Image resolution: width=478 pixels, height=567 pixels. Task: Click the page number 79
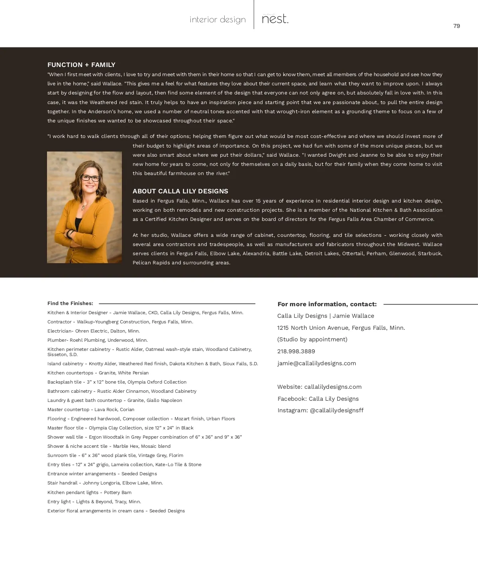[x=456, y=26]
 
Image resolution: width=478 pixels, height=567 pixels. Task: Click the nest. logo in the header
[x=275, y=19]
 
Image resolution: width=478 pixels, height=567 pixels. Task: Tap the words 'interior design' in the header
[x=217, y=20]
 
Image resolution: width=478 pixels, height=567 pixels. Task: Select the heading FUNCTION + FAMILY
[x=81, y=65]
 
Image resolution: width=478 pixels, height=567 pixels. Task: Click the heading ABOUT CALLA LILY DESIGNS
[x=180, y=191]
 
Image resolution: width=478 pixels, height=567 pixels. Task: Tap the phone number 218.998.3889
[x=296, y=351]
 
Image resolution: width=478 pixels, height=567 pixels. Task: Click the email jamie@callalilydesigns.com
[x=317, y=363]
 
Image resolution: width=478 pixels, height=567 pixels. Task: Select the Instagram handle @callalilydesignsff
[x=337, y=410]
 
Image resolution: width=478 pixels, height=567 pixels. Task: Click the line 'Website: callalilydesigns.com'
[x=319, y=387]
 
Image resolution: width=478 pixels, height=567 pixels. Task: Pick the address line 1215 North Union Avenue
[x=341, y=328]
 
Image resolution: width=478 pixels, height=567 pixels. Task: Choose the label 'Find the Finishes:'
[x=70, y=303]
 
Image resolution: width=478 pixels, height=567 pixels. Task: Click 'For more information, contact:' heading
[x=327, y=304]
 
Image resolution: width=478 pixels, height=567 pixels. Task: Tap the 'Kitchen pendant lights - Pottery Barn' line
[x=89, y=492]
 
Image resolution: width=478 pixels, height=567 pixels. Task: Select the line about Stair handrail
[x=105, y=483]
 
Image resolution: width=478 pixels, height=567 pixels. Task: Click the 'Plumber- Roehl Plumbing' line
[x=98, y=340]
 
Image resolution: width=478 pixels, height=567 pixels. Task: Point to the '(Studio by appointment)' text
[x=312, y=339]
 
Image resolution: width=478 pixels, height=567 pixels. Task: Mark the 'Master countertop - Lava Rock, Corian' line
[x=91, y=409]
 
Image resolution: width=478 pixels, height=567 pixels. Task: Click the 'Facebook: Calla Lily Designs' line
[x=318, y=399]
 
